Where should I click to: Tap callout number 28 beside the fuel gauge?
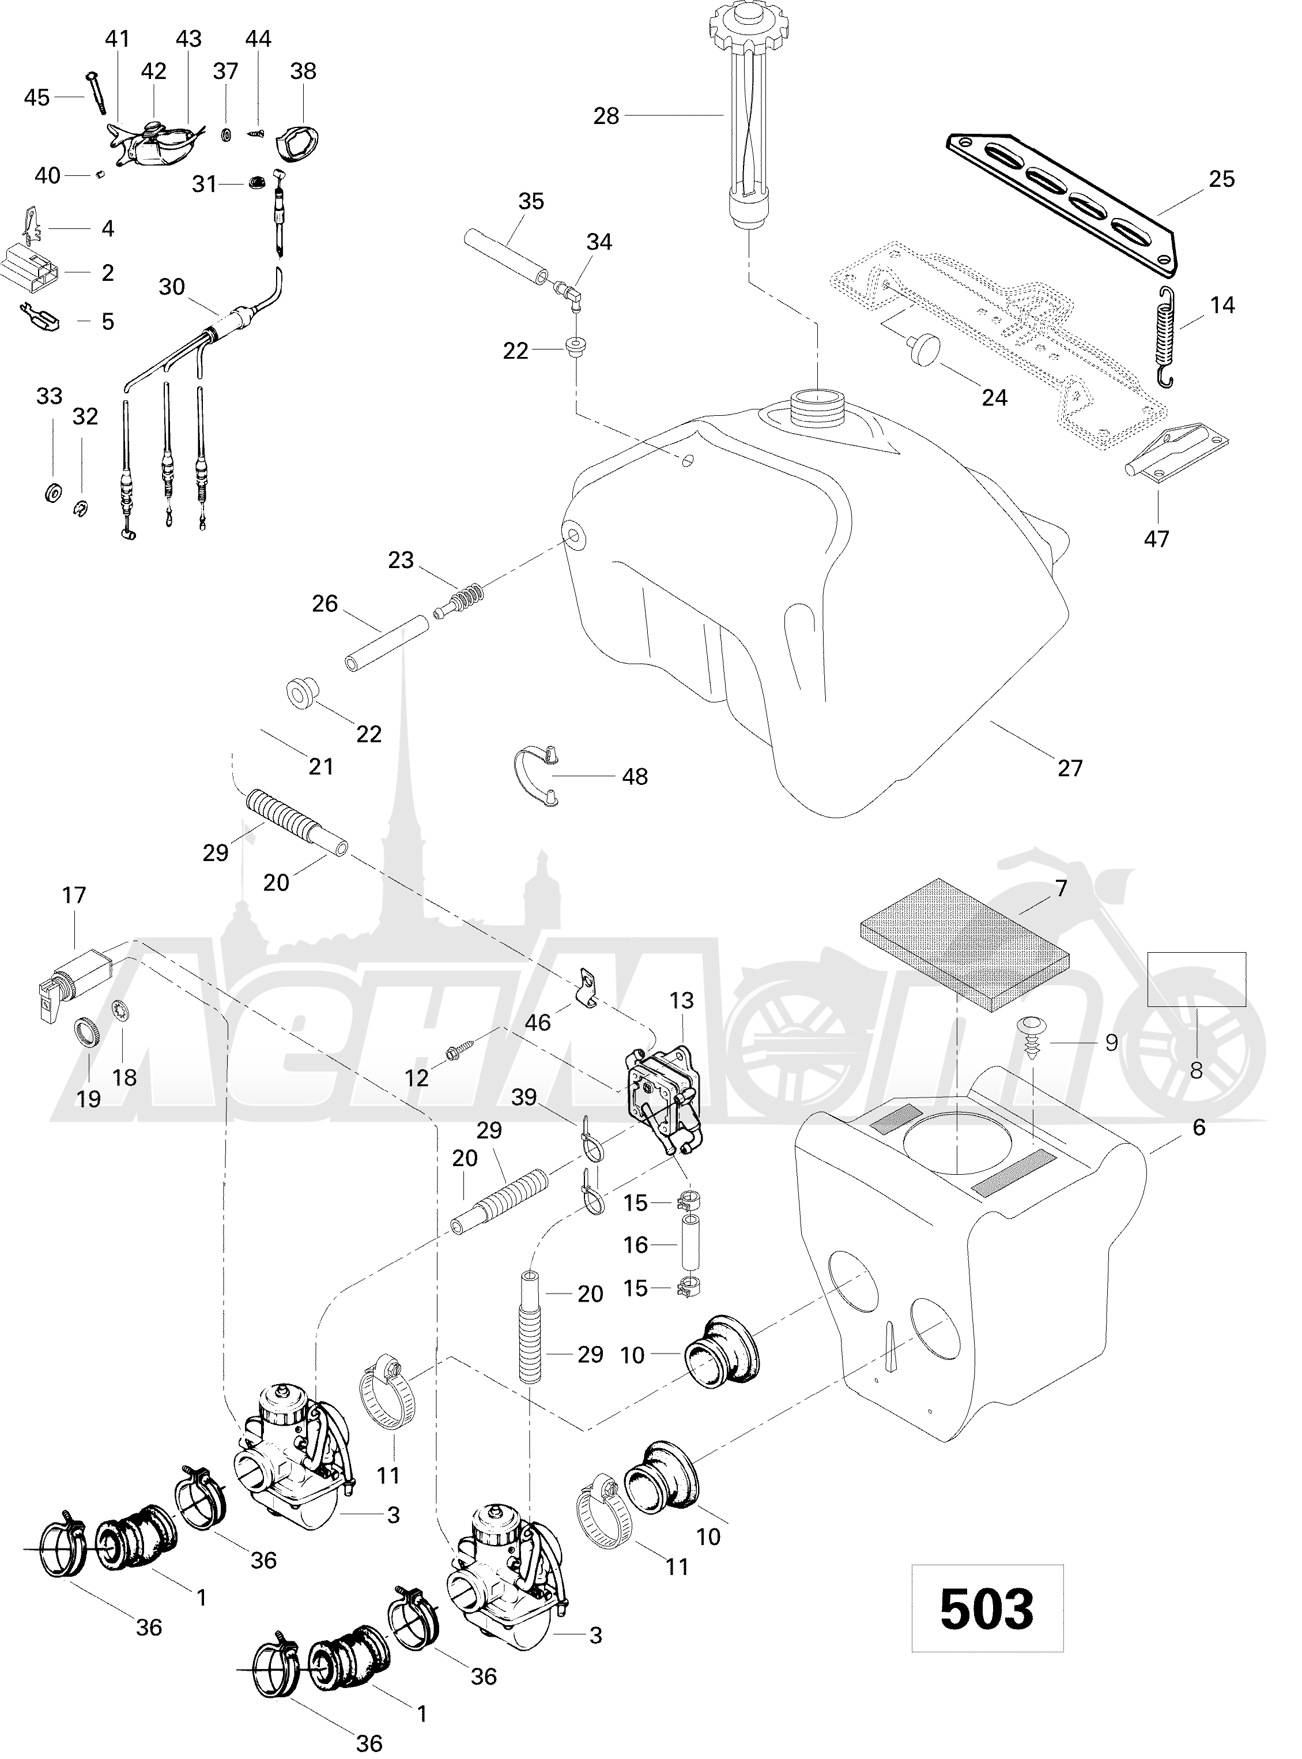pos(606,116)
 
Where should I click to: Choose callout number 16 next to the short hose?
pos(635,1245)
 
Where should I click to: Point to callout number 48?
pos(635,777)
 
